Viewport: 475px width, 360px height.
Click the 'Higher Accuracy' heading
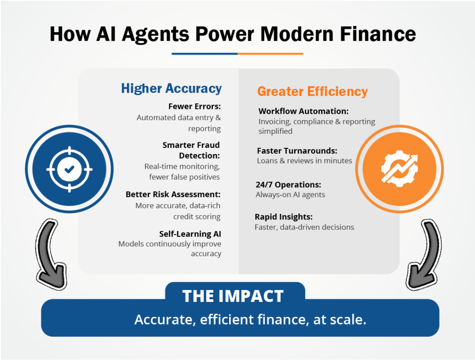171,89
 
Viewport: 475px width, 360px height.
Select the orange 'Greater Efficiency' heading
312,91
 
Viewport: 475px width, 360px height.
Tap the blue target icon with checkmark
70,169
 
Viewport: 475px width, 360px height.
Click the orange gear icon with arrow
399,169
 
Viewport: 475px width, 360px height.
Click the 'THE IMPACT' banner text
233,296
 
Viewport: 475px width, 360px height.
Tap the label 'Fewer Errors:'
194,106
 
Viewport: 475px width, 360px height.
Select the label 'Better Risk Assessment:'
173,194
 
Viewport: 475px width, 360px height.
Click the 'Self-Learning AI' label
190,234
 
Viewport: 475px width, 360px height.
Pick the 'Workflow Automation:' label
303,111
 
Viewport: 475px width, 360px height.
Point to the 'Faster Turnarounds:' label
297,151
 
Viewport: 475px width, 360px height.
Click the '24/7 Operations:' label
289,185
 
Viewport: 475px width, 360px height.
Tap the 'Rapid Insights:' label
283,217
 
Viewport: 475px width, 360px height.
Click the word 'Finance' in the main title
378,34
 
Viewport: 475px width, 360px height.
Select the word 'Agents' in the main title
155,34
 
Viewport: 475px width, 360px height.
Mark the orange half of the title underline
270,54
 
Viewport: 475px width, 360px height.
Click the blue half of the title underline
205,54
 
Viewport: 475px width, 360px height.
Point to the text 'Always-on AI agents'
290,194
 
